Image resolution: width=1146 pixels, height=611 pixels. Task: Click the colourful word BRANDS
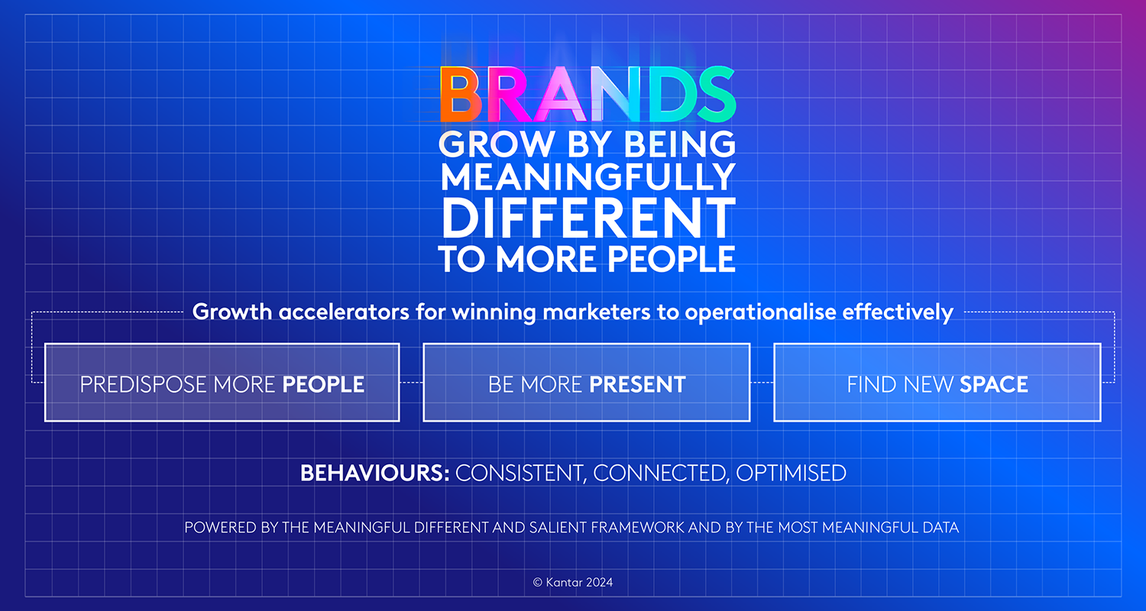tap(588, 95)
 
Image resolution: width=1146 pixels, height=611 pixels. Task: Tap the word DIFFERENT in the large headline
tap(588, 218)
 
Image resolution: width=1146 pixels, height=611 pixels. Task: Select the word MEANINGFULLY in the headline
tap(588, 177)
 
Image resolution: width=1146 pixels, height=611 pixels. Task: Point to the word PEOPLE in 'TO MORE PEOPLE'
tap(672, 259)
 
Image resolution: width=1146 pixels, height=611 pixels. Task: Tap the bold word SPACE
tap(993, 384)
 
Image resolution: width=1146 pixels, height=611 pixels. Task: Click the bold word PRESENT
tap(637, 384)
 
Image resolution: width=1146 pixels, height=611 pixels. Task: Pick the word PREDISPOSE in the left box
tap(143, 384)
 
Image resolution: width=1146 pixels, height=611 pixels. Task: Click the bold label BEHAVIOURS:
tap(374, 473)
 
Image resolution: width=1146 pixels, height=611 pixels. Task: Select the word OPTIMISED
tap(791, 473)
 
